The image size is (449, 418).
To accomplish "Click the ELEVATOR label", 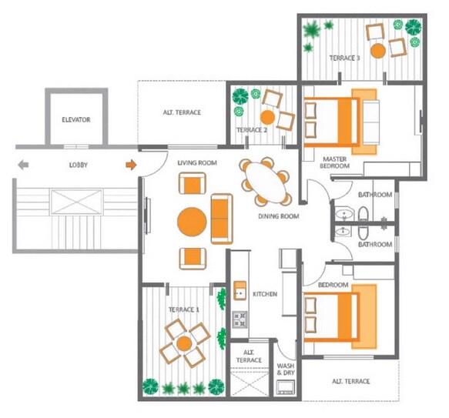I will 76,120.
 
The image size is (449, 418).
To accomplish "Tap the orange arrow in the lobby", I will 131,164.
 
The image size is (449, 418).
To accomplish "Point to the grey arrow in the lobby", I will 23,164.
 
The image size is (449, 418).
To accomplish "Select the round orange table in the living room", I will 192,223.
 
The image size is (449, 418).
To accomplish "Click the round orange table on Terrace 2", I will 266,118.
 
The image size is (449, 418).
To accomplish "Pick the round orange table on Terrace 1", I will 185,344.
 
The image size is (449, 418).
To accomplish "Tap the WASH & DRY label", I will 286,370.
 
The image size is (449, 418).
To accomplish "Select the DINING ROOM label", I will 277,216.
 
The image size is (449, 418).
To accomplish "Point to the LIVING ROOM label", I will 197,163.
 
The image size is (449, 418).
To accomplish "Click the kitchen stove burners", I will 240,318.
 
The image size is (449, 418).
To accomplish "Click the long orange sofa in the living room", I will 221,216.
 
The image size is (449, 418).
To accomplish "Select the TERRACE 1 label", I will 184,309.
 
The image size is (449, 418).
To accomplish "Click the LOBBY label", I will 78,165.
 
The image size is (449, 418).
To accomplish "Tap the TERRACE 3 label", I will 344,58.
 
